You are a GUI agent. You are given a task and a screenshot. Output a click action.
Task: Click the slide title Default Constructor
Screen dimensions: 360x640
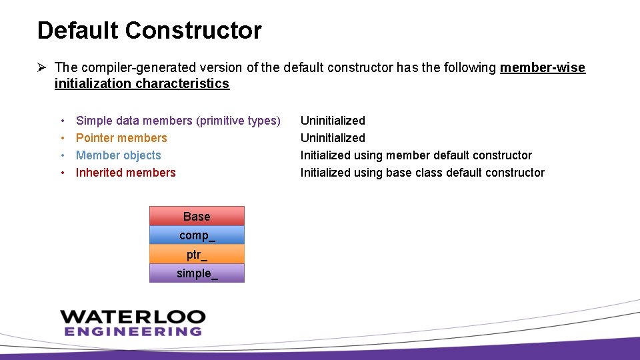click(x=149, y=31)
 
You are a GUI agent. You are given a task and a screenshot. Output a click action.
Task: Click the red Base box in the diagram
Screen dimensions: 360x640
click(x=197, y=216)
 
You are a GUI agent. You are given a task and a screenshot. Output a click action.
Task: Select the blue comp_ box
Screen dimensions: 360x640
click(x=197, y=235)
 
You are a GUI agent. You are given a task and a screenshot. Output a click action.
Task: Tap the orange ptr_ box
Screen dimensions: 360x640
click(x=197, y=254)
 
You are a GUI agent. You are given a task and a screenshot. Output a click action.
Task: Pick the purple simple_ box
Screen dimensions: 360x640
click(x=197, y=273)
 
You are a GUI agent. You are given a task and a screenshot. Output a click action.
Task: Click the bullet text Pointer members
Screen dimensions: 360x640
click(x=121, y=138)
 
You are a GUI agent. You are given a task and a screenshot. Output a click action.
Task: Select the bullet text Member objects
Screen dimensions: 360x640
click(x=119, y=155)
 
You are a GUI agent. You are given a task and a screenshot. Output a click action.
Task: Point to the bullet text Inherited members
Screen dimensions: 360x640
click(x=126, y=173)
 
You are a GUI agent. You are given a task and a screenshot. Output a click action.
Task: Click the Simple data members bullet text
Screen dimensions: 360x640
click(x=178, y=121)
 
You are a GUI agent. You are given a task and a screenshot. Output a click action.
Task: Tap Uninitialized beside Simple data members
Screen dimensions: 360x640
click(x=333, y=121)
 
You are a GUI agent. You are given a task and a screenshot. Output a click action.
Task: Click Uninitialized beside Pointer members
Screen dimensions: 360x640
click(x=333, y=138)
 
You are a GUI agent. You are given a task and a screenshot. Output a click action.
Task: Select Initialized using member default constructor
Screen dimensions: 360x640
click(x=416, y=155)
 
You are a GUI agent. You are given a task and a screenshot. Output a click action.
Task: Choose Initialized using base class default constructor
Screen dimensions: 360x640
click(x=422, y=173)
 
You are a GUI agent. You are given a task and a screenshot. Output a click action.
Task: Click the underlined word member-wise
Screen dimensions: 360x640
click(x=543, y=67)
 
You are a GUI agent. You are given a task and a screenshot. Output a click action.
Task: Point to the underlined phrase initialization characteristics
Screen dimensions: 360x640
click(x=142, y=84)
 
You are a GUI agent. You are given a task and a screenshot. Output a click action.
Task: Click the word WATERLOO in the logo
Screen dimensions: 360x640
click(x=133, y=317)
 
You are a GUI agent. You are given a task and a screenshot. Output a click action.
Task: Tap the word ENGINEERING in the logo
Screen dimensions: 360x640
click(x=133, y=331)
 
